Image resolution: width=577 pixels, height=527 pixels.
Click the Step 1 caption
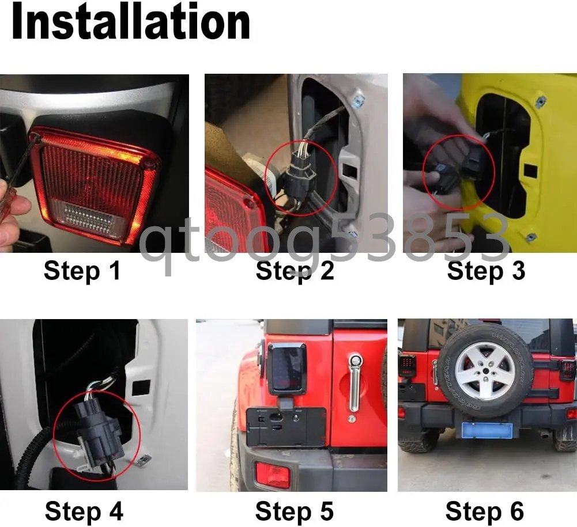(82, 271)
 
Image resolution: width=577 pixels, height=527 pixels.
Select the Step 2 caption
(295, 271)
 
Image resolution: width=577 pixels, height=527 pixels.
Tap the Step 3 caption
(486, 271)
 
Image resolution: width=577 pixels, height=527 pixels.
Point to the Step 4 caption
(84, 511)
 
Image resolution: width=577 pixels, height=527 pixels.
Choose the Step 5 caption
(295, 511)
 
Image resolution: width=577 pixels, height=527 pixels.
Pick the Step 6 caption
(485, 511)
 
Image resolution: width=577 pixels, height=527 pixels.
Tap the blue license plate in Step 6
(487, 430)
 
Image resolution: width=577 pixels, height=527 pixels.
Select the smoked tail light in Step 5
(286, 369)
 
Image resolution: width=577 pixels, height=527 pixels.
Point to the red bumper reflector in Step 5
(273, 474)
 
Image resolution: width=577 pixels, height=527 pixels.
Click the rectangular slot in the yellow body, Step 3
(530, 170)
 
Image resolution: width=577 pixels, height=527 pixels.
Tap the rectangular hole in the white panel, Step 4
(141, 388)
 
